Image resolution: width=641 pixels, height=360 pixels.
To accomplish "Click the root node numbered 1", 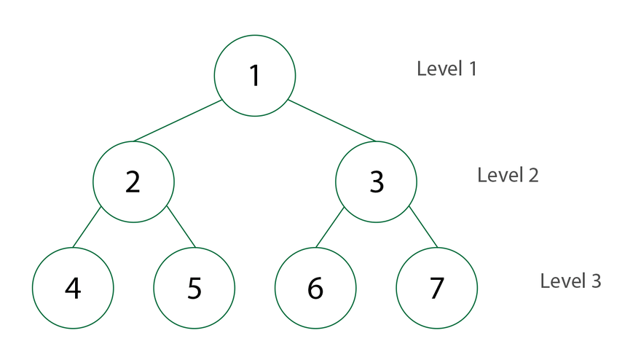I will (x=255, y=76).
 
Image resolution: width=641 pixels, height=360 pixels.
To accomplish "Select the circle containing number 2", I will (x=133, y=181).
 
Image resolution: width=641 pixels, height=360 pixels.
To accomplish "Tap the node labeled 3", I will (x=376, y=181).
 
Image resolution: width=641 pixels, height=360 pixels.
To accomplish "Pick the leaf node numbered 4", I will (x=73, y=288).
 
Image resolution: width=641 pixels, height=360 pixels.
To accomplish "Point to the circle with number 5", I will (x=194, y=288).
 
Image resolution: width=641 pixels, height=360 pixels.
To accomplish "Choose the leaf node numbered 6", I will (x=315, y=288).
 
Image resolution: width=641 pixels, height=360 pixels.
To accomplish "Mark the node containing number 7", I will (x=437, y=288).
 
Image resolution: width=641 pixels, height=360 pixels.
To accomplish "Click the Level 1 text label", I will (x=447, y=69).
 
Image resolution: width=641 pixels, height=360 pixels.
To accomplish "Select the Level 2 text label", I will (x=508, y=176).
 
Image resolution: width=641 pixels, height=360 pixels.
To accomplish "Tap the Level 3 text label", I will (x=570, y=281).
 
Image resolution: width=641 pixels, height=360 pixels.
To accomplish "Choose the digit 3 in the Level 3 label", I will (x=596, y=281).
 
